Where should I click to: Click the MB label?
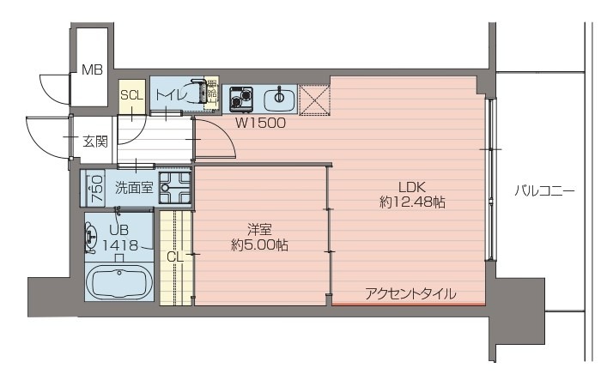pyautogui.click(x=92, y=70)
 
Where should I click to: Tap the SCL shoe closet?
pyautogui.click(x=131, y=95)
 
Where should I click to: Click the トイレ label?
pyautogui.click(x=170, y=95)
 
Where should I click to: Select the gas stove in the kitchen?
pyautogui.click(x=240, y=99)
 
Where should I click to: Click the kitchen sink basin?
pyautogui.click(x=276, y=100)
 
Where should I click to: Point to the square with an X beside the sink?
pyautogui.click(x=313, y=99)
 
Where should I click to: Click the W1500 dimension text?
pyautogui.click(x=261, y=123)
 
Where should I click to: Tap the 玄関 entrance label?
pyautogui.click(x=94, y=141)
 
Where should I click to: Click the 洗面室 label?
pyautogui.click(x=134, y=187)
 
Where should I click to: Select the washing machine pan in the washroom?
pyautogui.click(x=175, y=187)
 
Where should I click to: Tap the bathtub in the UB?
pyautogui.click(x=119, y=282)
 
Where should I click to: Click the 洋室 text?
pyautogui.click(x=259, y=229)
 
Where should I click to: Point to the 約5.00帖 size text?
pyautogui.click(x=259, y=245)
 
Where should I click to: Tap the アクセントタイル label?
pyautogui.click(x=410, y=293)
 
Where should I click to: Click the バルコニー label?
pyautogui.click(x=544, y=190)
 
